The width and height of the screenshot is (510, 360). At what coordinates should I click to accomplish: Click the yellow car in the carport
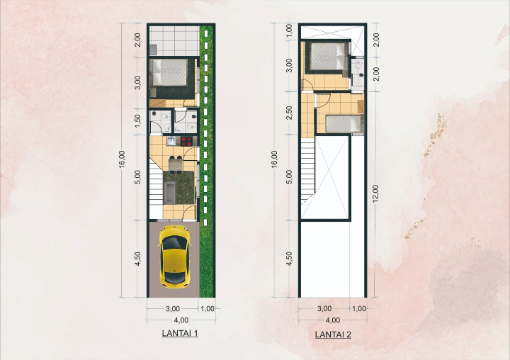click(174, 257)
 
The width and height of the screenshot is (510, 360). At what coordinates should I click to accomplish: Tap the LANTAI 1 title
click(180, 333)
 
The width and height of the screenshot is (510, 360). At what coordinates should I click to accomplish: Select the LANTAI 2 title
click(333, 334)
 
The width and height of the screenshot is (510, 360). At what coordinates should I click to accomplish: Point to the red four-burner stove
click(187, 141)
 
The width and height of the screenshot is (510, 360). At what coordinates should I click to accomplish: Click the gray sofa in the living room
click(169, 192)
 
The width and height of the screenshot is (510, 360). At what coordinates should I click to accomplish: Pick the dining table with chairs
click(176, 164)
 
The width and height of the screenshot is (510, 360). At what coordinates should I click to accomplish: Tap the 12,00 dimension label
click(375, 194)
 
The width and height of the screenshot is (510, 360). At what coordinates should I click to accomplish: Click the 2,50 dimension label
click(289, 113)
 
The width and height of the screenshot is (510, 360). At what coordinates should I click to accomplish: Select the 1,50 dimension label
click(137, 121)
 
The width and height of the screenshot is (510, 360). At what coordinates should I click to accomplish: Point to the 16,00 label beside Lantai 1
click(122, 159)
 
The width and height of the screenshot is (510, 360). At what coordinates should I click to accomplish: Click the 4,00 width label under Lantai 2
click(332, 320)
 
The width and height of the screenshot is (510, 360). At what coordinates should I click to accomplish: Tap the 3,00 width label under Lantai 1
click(172, 308)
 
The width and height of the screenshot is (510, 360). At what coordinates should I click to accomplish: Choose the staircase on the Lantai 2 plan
click(307, 169)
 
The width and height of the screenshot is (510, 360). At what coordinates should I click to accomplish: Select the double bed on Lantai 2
click(328, 56)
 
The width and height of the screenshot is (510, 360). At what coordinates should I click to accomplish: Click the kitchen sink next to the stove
click(171, 141)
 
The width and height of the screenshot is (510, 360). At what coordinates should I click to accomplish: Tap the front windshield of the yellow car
click(174, 244)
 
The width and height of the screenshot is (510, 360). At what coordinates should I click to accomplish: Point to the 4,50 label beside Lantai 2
click(289, 259)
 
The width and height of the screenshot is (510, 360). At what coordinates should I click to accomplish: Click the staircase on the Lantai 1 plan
click(156, 185)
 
